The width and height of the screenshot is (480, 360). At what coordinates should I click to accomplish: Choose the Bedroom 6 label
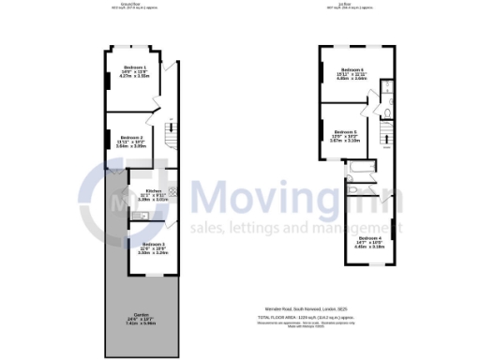click(352, 70)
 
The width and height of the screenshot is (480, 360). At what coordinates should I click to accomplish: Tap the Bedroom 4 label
click(368, 238)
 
